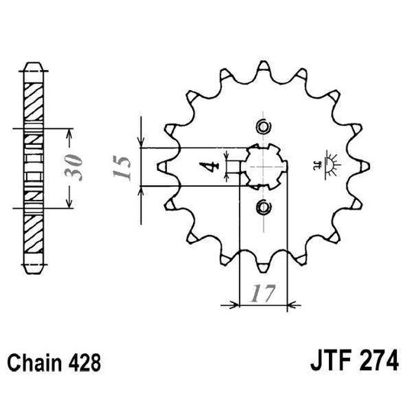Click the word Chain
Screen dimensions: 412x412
pos(40,359)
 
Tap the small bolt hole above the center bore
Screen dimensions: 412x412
pos(263,126)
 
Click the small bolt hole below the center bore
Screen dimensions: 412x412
pos(263,207)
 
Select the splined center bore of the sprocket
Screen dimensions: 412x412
pos(263,166)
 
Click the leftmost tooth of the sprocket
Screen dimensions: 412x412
pos(163,166)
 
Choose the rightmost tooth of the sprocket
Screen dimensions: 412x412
pos(364,166)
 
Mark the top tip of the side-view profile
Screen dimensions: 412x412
pos(35,65)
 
